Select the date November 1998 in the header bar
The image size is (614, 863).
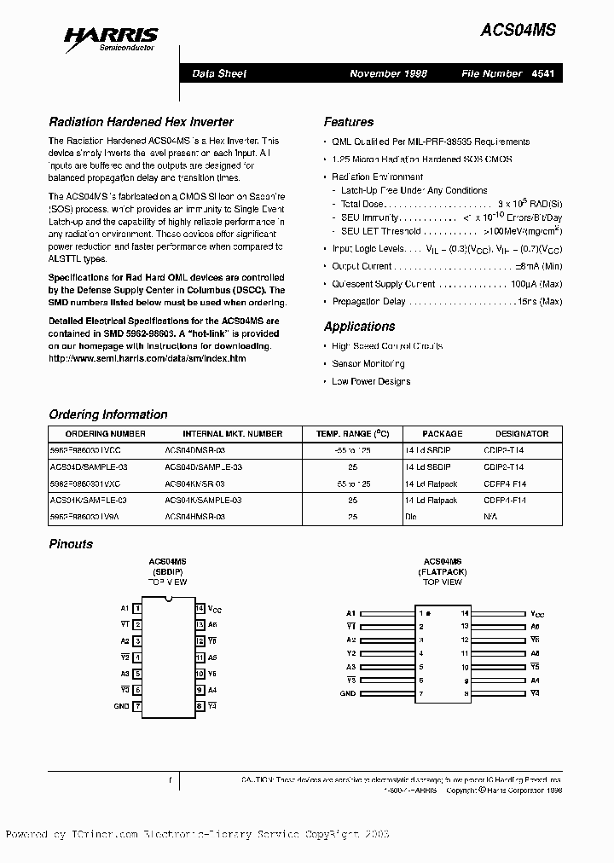pyautogui.click(x=388, y=73)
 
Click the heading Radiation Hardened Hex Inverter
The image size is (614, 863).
pyautogui.click(x=141, y=122)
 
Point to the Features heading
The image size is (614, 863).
pyautogui.click(x=349, y=122)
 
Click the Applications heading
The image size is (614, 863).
pyautogui.click(x=359, y=327)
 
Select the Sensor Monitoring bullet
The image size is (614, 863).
pyautogui.click(x=368, y=363)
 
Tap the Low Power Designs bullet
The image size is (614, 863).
pyautogui.click(x=371, y=381)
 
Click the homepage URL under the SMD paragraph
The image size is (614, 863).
pyautogui.click(x=147, y=359)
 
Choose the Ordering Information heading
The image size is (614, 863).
pyautogui.click(x=108, y=414)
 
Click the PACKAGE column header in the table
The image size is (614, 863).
pyautogui.click(x=442, y=433)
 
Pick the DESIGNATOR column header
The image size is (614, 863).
pyautogui.click(x=522, y=433)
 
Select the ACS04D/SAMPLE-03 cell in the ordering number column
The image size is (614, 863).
pyautogui.click(x=87, y=467)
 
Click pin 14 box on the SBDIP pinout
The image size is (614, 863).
pyautogui.click(x=200, y=609)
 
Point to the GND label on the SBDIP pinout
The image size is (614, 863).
pyautogui.click(x=121, y=706)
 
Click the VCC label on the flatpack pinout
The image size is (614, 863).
pyautogui.click(x=537, y=614)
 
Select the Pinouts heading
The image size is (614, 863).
pyautogui.click(x=71, y=543)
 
